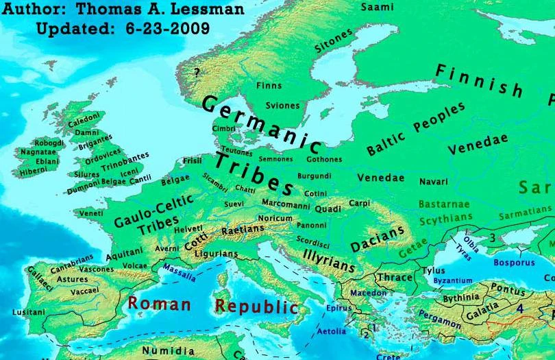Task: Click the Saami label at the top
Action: (x=377, y=7)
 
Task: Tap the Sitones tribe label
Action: (x=334, y=41)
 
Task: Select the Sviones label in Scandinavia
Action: (x=283, y=106)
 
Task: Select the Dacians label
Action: (x=377, y=240)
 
